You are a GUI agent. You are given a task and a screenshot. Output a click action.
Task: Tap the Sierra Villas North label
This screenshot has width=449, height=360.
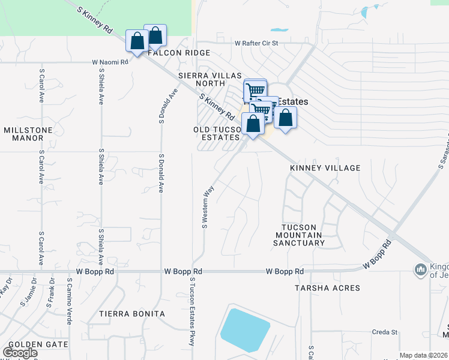[210, 80]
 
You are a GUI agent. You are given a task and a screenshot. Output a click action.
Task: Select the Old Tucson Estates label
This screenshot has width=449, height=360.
[217, 134]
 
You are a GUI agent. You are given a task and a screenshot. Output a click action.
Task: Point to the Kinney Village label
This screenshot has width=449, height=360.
[325, 168]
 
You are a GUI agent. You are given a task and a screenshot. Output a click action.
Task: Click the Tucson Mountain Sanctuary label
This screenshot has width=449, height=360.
[299, 235]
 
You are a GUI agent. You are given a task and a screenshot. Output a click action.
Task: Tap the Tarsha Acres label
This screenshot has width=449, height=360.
[327, 288]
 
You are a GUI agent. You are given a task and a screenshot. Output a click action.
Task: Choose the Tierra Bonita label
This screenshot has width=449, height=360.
[132, 314]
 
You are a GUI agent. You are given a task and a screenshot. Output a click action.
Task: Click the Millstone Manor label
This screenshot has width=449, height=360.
[28, 134]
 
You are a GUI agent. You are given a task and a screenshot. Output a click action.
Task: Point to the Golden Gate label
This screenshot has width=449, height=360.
[30, 345]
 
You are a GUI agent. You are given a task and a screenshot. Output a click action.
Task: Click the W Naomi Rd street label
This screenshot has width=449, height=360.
[110, 62]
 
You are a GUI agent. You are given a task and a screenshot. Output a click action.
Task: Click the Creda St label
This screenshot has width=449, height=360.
[385, 332]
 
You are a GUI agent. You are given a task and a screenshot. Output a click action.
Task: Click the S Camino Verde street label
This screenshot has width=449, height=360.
[70, 301]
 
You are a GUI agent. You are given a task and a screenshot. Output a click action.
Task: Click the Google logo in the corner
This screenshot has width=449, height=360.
[20, 353]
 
